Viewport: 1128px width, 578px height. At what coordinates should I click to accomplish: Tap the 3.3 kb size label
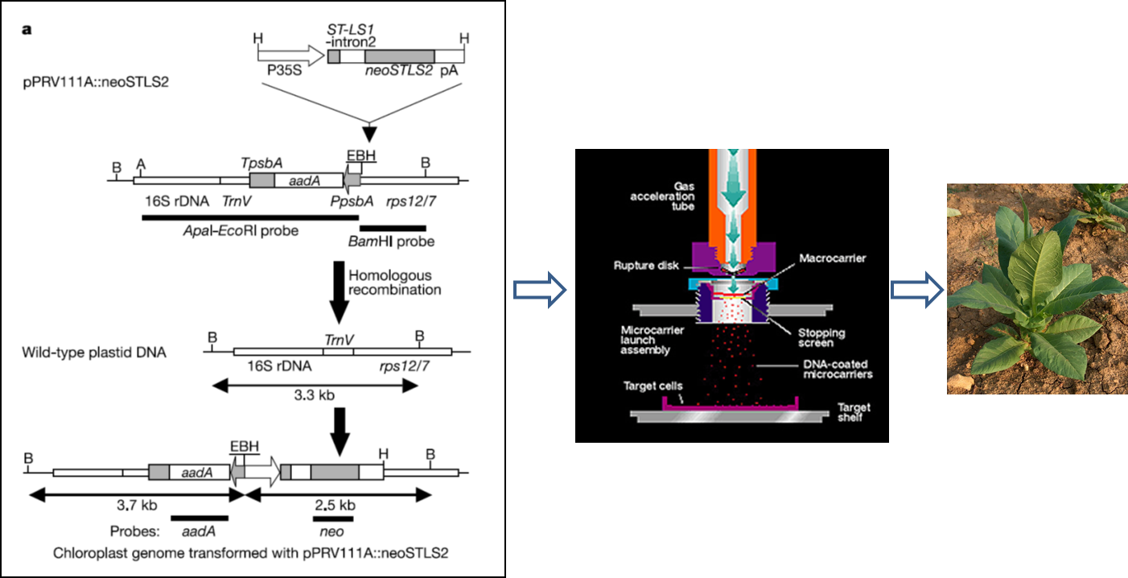[x=315, y=402]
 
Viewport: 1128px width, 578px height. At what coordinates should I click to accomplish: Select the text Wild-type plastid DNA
[x=94, y=352]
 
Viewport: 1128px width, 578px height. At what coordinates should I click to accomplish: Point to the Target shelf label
[x=853, y=413]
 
